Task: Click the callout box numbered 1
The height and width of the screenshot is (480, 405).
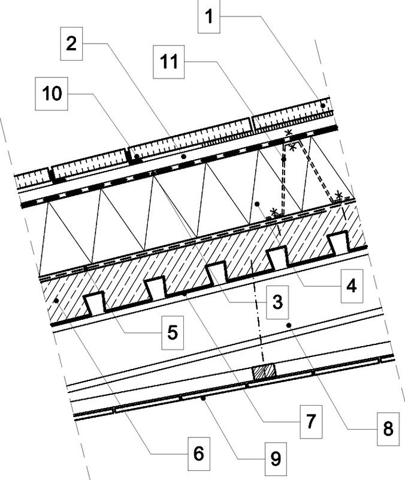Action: pos(208,16)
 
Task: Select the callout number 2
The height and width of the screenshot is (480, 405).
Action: pos(71,43)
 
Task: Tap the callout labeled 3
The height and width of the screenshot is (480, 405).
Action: pos(277,302)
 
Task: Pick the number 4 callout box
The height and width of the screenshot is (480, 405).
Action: pos(352,286)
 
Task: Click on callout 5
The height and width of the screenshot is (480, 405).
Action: pos(173,333)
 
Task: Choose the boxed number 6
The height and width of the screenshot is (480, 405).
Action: pos(199,454)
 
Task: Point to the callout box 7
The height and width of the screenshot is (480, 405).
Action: pos(311,422)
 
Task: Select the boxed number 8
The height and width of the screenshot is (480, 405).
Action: pos(388,429)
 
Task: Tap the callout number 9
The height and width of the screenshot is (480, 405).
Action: pos(276,459)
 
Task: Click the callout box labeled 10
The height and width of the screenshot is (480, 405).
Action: pos(52,94)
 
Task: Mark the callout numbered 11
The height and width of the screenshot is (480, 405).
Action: pos(169,62)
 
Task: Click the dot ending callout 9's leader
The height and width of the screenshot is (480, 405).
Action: pos(202,398)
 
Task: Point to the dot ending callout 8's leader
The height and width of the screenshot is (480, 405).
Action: pos(289,325)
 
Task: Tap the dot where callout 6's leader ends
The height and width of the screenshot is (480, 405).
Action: pos(56,301)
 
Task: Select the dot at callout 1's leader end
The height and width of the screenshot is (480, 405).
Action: pos(323,106)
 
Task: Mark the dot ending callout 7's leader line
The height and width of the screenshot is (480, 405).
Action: pos(184,293)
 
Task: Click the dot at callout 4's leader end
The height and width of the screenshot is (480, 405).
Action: pos(257,204)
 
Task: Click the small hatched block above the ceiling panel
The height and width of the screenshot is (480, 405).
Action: pos(264,371)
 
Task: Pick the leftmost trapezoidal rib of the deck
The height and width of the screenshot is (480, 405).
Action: pos(95,304)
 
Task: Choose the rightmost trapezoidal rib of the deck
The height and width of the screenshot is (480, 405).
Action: pos(338,244)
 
